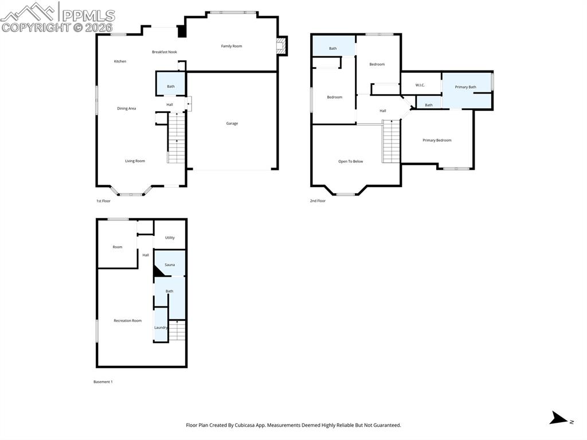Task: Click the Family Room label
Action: coord(232,46)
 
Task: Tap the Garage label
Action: coord(232,123)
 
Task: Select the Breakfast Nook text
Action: coord(165,52)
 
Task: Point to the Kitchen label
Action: coord(120,61)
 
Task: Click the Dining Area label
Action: coord(126,108)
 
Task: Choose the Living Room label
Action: coord(135,161)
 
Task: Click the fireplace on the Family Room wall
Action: coord(281,46)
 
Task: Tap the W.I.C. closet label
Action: coord(420,85)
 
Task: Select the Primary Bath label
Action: coord(465,87)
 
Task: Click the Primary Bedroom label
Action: coord(437,141)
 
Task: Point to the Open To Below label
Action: coord(350,162)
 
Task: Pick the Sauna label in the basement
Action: coord(170,265)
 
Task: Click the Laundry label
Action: coord(161,328)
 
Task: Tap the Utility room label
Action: coord(170,237)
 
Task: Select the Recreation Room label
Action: coord(127,321)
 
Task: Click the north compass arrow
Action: coord(559,419)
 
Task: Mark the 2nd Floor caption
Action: coord(318,201)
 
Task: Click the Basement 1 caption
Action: coord(103,381)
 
